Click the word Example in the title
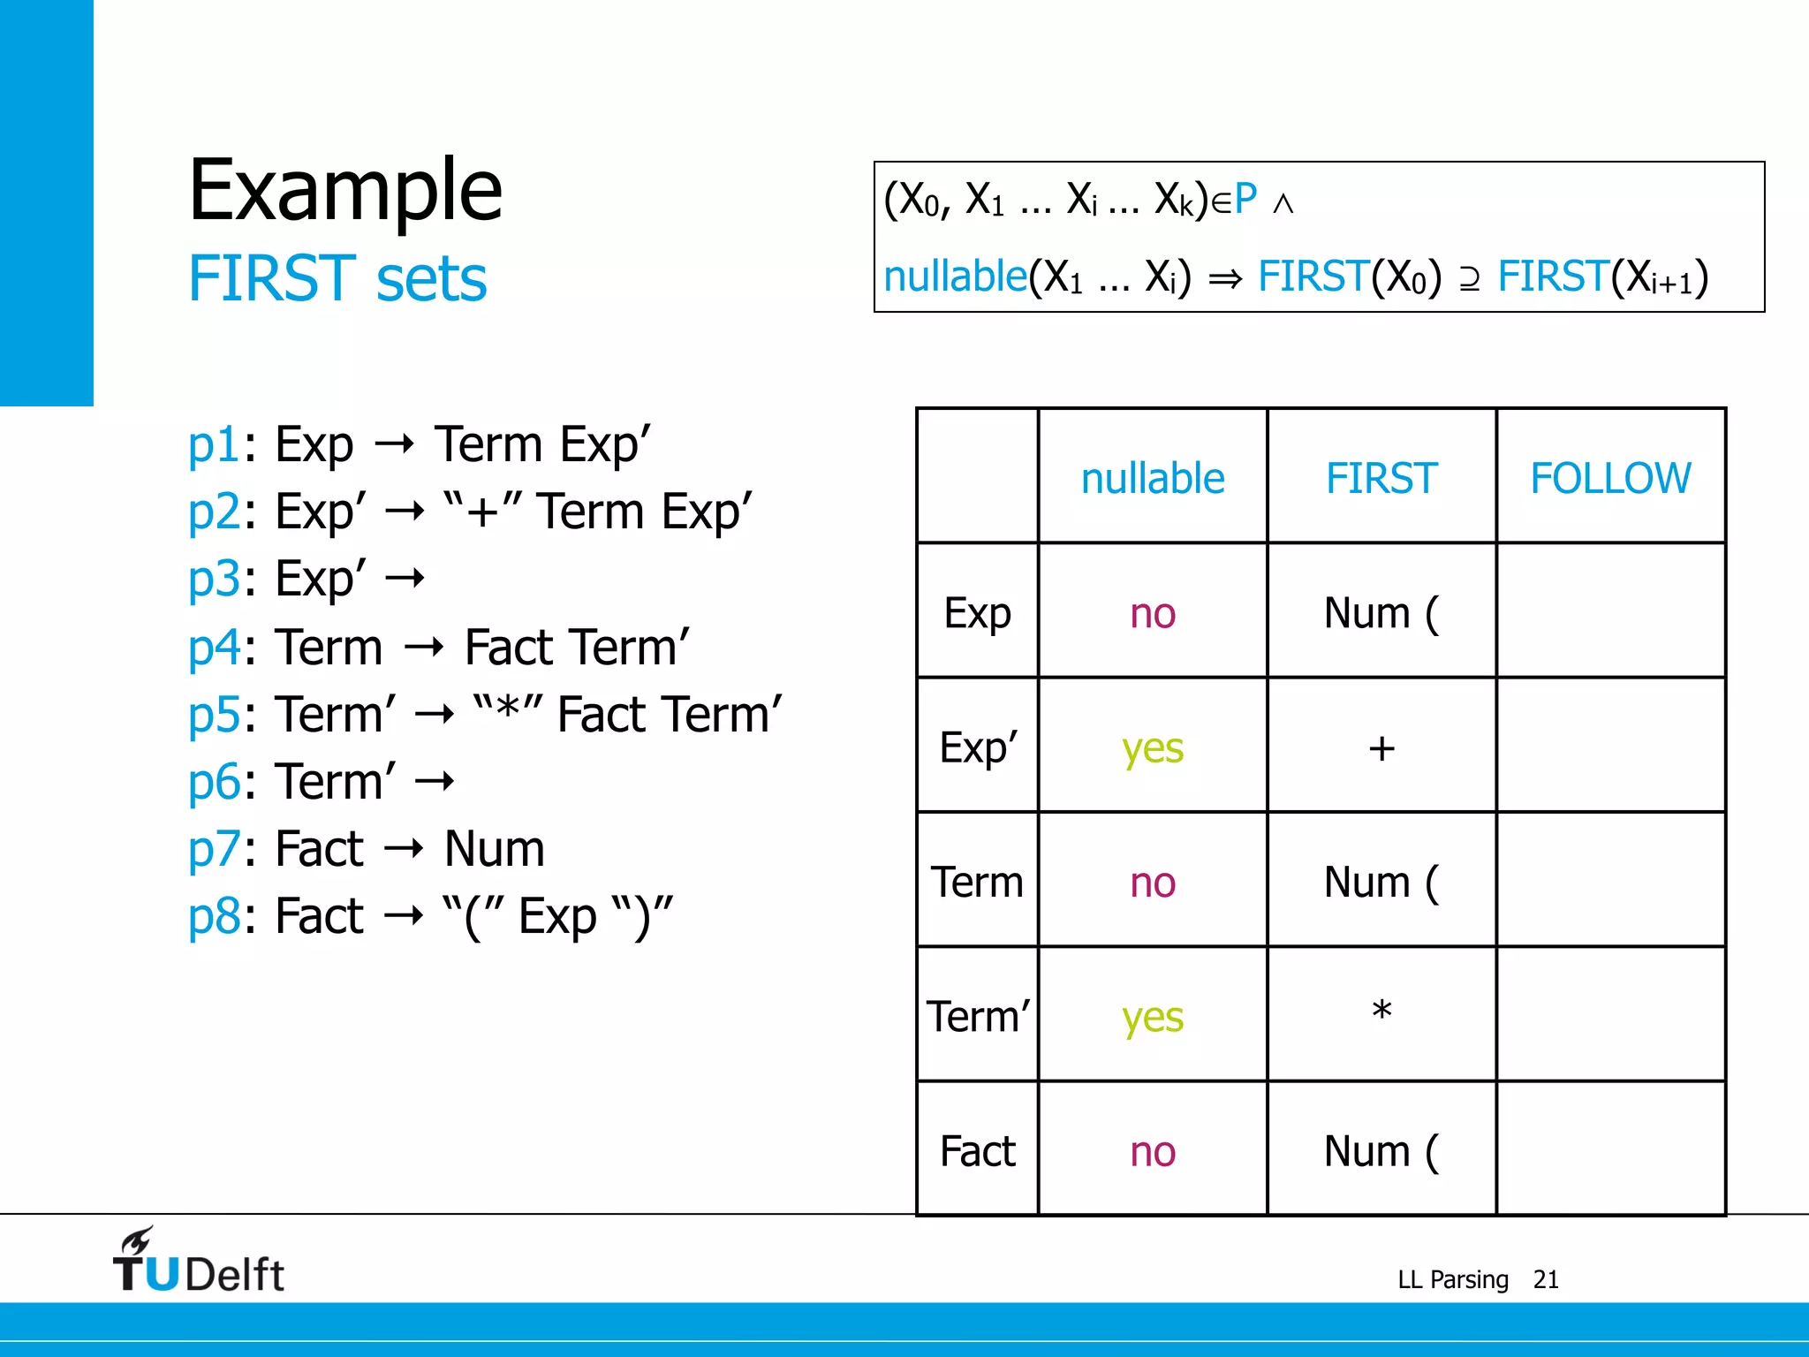pos(345,189)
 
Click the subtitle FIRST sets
pos(337,278)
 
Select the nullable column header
pos(1152,478)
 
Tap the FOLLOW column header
pos(1609,478)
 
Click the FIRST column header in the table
pos(1381,478)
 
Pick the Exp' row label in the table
pos(978,748)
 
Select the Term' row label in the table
pos(978,1017)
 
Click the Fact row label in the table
pos(977,1151)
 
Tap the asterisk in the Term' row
pos(1381,1011)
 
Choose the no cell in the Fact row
pos(1152,1152)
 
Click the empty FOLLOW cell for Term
pos(1609,881)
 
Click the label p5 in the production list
pos(214,714)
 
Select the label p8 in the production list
pos(214,916)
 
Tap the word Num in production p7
pos(494,849)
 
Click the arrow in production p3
pos(405,580)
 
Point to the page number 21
pos(1545,1279)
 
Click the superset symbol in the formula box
pos(1469,279)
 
